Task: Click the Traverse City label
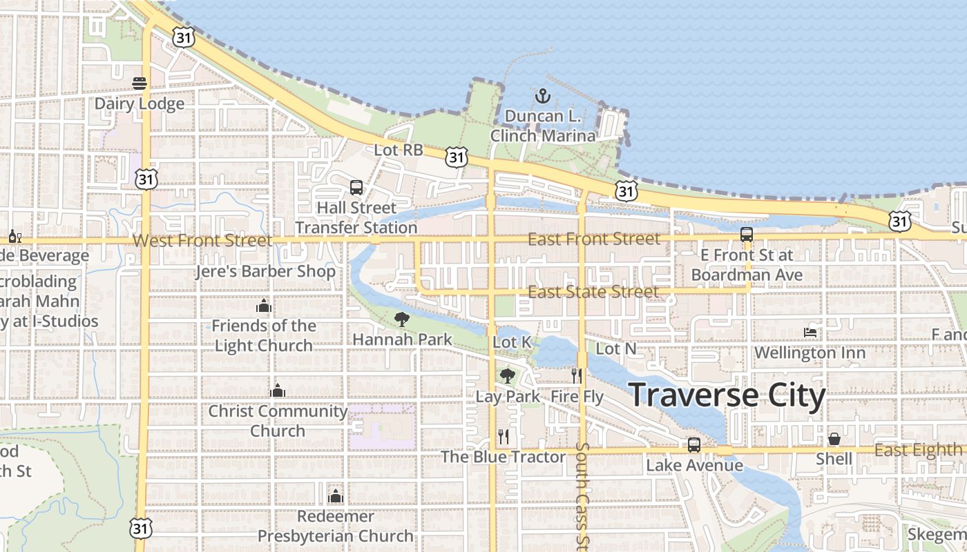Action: click(x=728, y=396)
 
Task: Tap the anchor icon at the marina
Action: click(x=542, y=96)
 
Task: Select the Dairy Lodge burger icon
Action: click(x=140, y=83)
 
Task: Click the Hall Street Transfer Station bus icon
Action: click(x=356, y=187)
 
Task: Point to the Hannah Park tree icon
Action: click(x=401, y=319)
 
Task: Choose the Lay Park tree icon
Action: click(x=508, y=375)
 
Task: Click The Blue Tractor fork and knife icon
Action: click(x=504, y=436)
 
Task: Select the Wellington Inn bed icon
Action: click(x=810, y=333)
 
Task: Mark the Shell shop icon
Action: click(x=834, y=439)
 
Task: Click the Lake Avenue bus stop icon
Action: click(x=694, y=445)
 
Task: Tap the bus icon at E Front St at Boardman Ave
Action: click(x=747, y=234)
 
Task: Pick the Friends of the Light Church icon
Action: click(x=263, y=306)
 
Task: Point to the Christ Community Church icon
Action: click(x=278, y=391)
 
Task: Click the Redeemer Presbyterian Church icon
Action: click(x=336, y=495)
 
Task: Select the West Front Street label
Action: click(x=202, y=240)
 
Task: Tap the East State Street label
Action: click(x=593, y=292)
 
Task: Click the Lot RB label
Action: click(x=398, y=149)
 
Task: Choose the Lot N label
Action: click(x=615, y=349)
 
